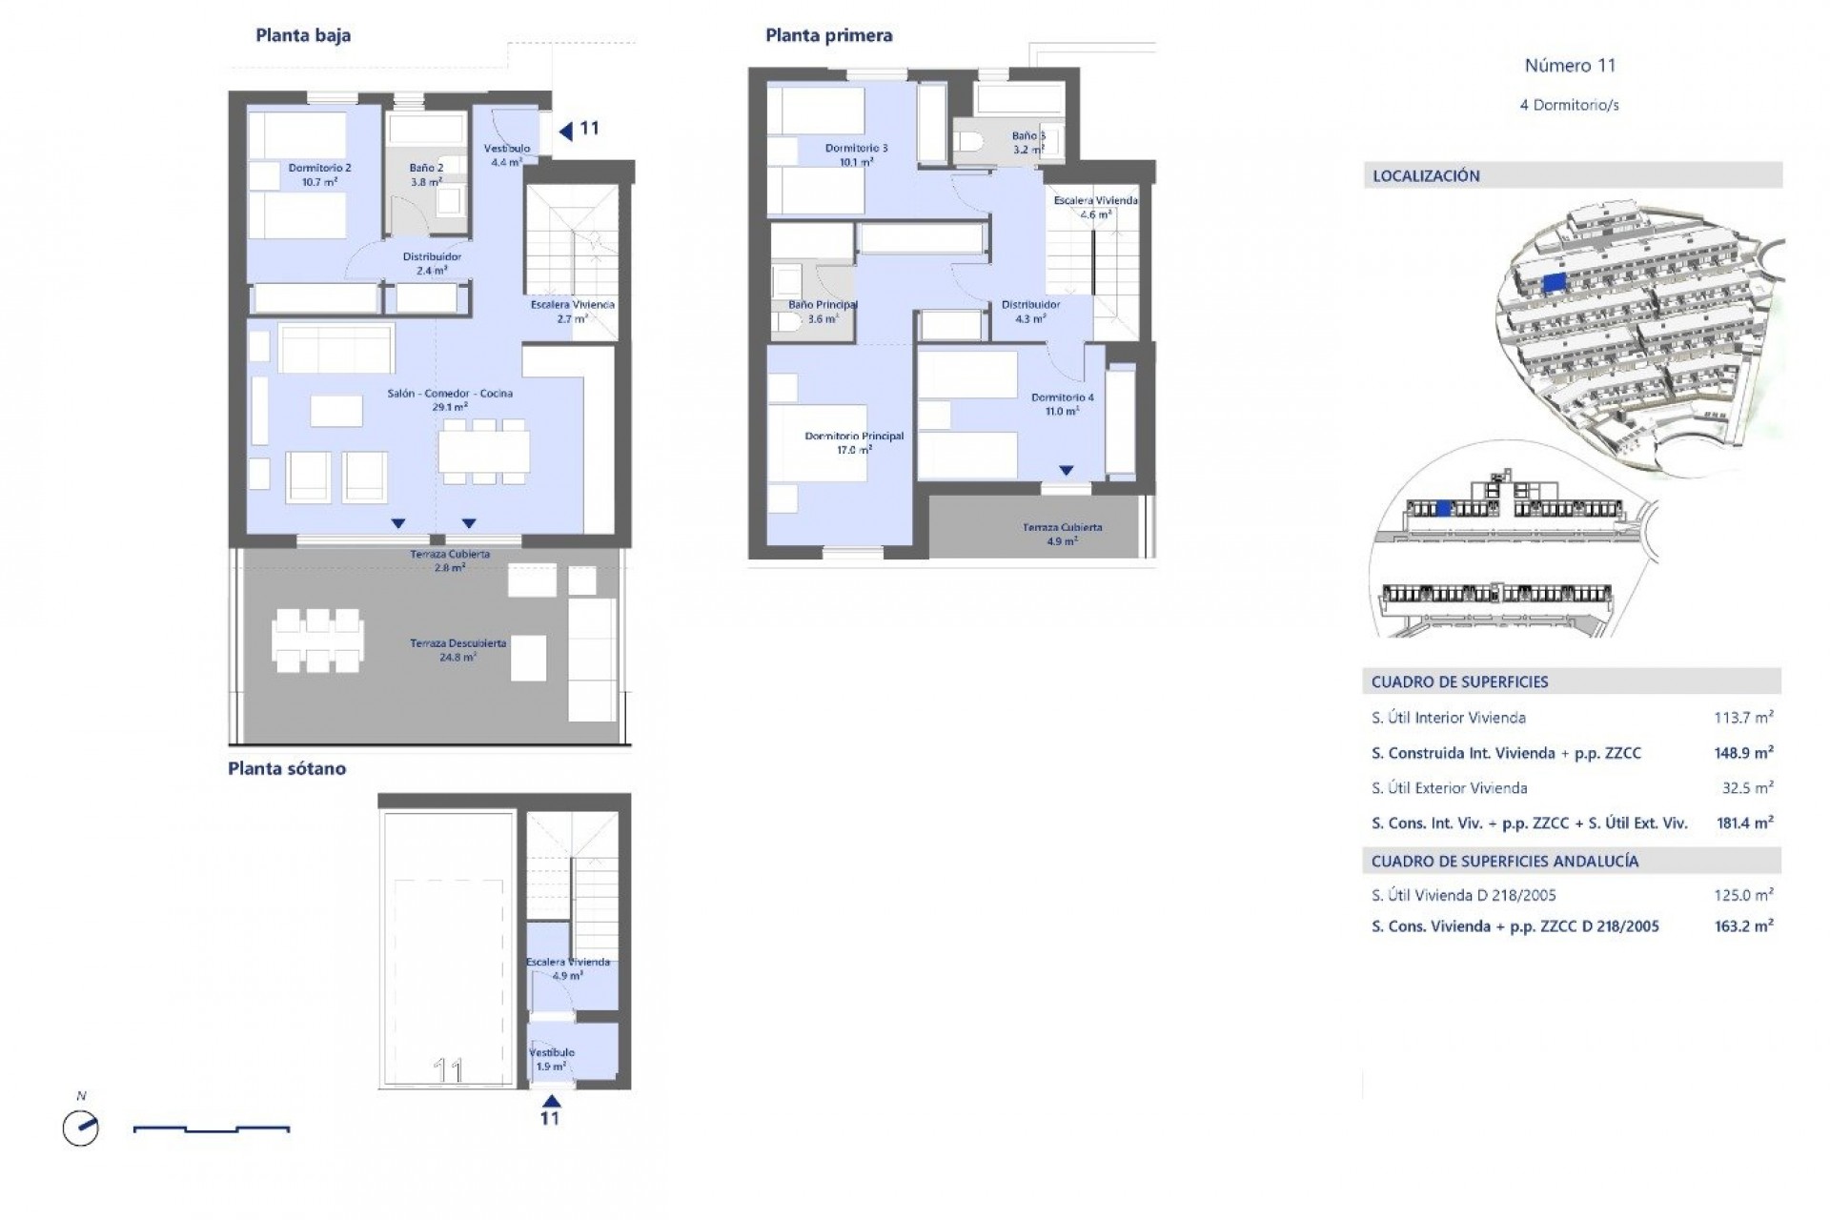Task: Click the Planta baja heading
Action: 303,36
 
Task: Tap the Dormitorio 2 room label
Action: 319,169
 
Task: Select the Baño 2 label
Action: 426,169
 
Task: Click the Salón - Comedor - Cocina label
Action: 450,394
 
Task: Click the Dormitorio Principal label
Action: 854,437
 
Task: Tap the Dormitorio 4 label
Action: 1062,398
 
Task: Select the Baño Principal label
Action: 823,306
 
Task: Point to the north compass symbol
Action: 81,1128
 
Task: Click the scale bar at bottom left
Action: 212,1129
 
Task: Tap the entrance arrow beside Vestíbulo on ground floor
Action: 566,132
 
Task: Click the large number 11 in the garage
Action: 448,1070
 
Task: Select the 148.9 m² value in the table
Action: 1743,753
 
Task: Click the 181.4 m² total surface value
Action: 1743,823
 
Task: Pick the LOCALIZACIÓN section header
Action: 1426,176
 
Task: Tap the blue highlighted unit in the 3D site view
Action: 1554,282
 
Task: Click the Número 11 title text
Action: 1570,66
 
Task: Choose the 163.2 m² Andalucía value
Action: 1743,925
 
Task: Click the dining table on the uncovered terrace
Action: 317,640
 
